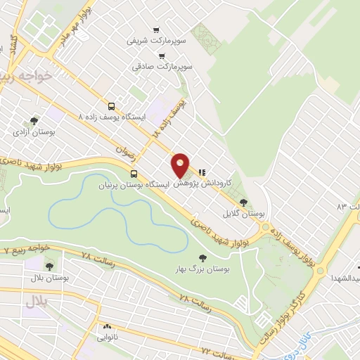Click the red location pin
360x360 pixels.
point(181,165)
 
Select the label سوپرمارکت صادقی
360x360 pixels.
point(162,67)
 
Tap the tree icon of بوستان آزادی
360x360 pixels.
point(34,121)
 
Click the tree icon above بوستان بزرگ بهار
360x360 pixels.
point(203,258)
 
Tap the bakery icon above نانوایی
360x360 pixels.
point(108,327)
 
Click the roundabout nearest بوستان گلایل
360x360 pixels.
point(266,227)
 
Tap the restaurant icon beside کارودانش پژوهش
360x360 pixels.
point(202,171)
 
